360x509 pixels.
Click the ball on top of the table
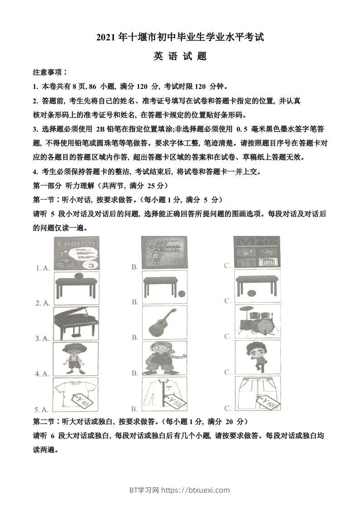(x=78, y=276)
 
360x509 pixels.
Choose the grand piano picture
(x=76, y=322)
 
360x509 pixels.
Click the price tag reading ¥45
(x=85, y=401)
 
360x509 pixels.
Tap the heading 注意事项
(x=50, y=72)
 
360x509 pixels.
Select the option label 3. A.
(x=42, y=338)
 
